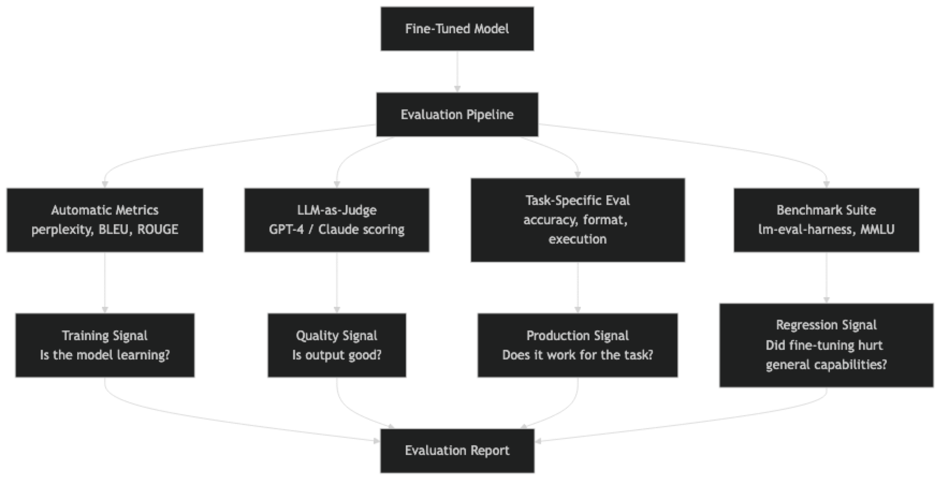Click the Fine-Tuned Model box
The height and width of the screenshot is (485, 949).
point(457,28)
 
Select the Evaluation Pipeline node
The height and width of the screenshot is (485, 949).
point(457,114)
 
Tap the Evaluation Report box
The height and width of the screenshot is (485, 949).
point(457,450)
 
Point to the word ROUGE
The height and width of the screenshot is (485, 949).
point(158,230)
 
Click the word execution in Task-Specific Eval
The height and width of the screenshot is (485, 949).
point(578,239)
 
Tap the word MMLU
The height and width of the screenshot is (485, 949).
point(877,230)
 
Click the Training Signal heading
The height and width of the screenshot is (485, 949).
point(105,336)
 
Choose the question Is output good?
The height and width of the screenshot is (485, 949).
point(337,355)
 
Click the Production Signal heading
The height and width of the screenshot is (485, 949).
point(578,336)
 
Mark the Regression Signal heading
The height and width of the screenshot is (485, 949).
point(826,325)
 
